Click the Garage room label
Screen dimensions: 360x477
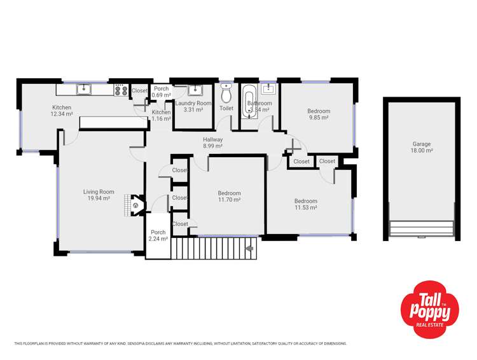tap(422, 144)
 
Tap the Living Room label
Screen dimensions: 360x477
tap(99, 191)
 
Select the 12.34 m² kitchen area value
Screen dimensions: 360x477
tap(62, 114)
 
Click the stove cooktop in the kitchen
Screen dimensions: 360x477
tap(121, 90)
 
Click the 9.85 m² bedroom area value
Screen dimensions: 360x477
tap(319, 118)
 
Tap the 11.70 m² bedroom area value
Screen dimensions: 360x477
tap(229, 200)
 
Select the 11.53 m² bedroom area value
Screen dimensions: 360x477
tap(305, 208)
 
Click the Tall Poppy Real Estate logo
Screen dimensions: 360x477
tap(429, 307)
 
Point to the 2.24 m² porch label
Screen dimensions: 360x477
tap(158, 240)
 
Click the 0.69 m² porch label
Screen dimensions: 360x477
tap(162, 95)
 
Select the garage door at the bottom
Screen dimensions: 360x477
tap(422, 228)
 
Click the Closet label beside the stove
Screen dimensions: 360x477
tap(139, 91)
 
